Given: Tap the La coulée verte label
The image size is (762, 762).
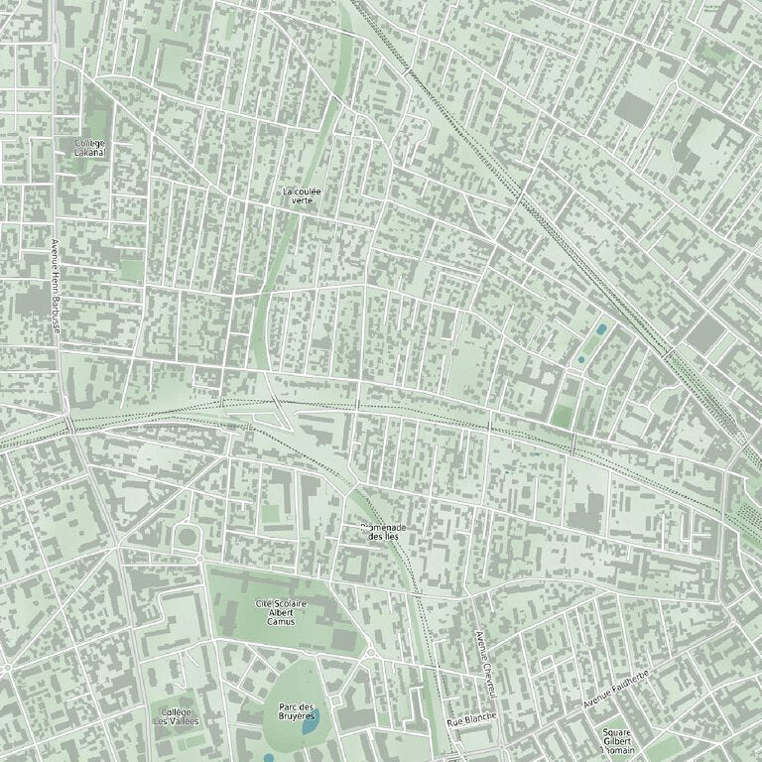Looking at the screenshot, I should [x=303, y=194].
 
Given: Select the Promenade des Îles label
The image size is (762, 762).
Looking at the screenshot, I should [x=388, y=532].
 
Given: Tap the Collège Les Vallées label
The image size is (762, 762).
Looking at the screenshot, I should [x=176, y=715].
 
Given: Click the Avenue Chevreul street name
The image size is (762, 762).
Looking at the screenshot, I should [x=485, y=665].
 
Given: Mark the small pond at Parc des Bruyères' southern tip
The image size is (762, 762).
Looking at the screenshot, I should [x=268, y=758].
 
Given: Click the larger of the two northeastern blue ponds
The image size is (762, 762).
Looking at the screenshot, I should [x=599, y=329].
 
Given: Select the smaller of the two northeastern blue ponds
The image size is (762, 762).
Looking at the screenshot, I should [x=580, y=359].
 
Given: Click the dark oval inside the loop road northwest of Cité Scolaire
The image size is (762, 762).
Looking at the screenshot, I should [x=186, y=537].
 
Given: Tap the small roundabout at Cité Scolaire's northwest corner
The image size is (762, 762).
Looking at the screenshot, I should [x=199, y=560].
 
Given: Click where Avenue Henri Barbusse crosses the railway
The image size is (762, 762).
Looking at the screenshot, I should [x=69, y=424].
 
